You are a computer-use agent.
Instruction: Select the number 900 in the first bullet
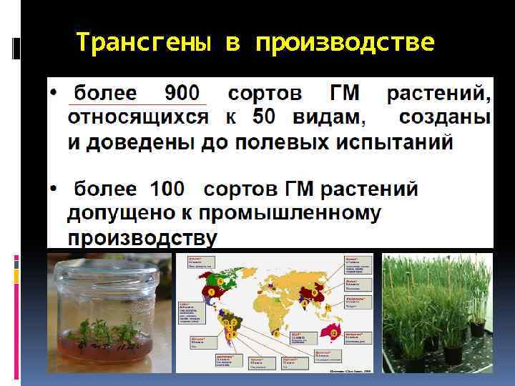coord(182,94)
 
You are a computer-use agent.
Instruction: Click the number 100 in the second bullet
coord(167,189)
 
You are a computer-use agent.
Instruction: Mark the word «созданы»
coord(444,117)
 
